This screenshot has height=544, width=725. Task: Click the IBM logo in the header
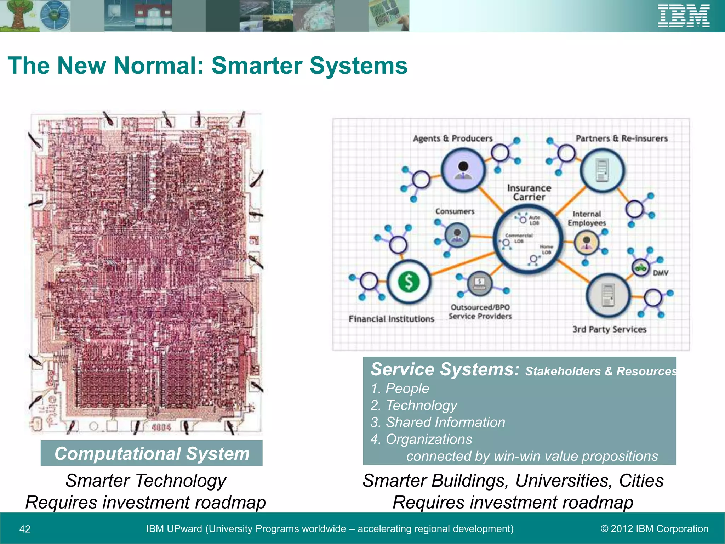[684, 16]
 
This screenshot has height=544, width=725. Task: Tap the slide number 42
[25, 529]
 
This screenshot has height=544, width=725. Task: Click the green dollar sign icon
[409, 282]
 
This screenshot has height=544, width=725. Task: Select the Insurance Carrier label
[529, 192]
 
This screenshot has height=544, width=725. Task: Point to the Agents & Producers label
[453, 138]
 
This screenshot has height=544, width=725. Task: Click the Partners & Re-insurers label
[622, 138]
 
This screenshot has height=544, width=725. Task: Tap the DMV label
[661, 273]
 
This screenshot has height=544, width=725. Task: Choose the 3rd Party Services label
[610, 329]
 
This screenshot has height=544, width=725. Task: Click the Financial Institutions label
[391, 319]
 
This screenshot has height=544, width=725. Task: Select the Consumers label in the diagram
[455, 211]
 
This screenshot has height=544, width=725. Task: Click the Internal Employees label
[587, 219]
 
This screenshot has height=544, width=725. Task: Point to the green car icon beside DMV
[640, 267]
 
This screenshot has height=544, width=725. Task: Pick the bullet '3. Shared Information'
[438, 422]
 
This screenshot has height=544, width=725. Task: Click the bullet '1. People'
[400, 389]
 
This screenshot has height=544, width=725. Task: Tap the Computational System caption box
[152, 453]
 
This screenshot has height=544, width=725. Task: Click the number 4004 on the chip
[161, 427]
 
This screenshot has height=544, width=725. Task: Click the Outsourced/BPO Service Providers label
[480, 312]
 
